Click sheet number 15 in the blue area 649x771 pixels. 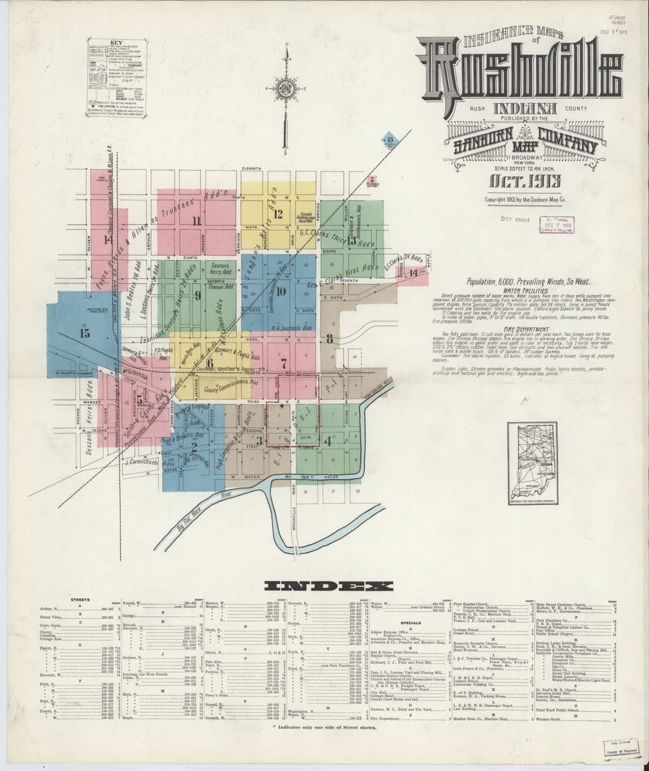click(85, 333)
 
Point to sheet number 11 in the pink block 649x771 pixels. click(197, 222)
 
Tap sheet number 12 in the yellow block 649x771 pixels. click(279, 215)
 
